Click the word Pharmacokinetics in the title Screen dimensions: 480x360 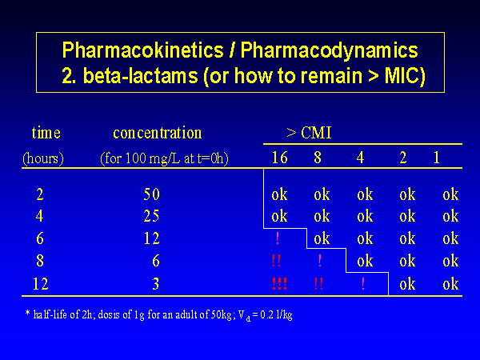tap(143, 50)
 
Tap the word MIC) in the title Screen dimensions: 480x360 tap(405, 76)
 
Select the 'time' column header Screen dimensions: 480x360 tap(46, 133)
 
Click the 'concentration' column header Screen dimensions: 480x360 tap(158, 133)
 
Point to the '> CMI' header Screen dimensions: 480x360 tap(309, 133)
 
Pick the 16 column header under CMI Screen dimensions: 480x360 tap(279, 158)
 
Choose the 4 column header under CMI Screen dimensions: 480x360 tap(360, 158)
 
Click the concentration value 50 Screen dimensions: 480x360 tap(151, 194)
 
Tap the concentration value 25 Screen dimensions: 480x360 tap(151, 216)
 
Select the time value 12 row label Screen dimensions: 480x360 tap(41, 284)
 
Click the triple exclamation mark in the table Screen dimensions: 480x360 tap(279, 283)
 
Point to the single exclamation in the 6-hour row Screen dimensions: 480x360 tap(278, 238)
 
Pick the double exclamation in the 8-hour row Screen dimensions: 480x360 tap(277, 261)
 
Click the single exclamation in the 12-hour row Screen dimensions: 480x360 tap(363, 283)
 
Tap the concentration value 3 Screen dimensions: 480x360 tap(156, 284)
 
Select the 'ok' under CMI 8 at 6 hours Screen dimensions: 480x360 tap(322, 238)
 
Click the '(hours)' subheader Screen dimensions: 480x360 tap(43, 158)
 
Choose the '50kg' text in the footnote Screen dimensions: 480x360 tap(222, 314)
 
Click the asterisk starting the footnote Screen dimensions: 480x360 tap(27, 313)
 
